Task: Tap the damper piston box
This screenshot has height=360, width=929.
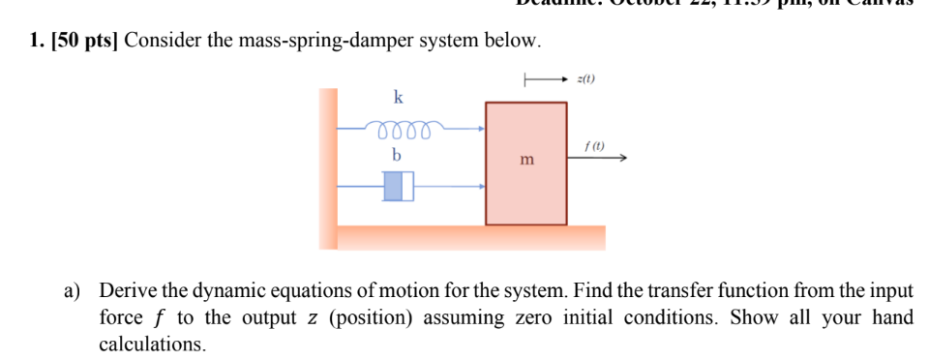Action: pos(398,186)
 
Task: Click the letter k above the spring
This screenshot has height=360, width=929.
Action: pos(398,97)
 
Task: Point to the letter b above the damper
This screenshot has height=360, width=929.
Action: pos(396,155)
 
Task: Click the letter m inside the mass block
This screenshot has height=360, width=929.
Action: pos(526,159)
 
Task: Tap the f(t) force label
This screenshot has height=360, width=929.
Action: pos(593,146)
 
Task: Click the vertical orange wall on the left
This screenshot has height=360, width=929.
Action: pos(328,165)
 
